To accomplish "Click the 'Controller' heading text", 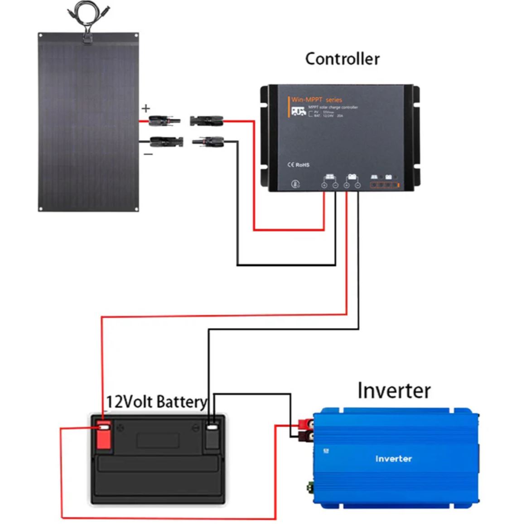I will pyautogui.click(x=342, y=59).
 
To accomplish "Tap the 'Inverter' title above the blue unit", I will pyautogui.click(x=393, y=391).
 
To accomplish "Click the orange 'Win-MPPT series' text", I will pyautogui.click(x=317, y=100).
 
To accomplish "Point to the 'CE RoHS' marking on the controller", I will pyautogui.click(x=299, y=165).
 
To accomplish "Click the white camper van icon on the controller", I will pyautogui.click(x=298, y=111).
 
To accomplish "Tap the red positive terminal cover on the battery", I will pyautogui.click(x=104, y=435).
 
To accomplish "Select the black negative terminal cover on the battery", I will pyautogui.click(x=212, y=435).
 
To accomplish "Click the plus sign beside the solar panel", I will pyautogui.click(x=146, y=108).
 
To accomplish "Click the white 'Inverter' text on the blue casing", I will pyautogui.click(x=393, y=459).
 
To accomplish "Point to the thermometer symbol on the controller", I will pyautogui.click(x=295, y=184).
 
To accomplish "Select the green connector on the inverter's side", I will pyautogui.click(x=311, y=487).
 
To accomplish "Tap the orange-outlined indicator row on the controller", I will pyautogui.click(x=385, y=185).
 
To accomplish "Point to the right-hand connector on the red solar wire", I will pyautogui.click(x=207, y=121).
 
